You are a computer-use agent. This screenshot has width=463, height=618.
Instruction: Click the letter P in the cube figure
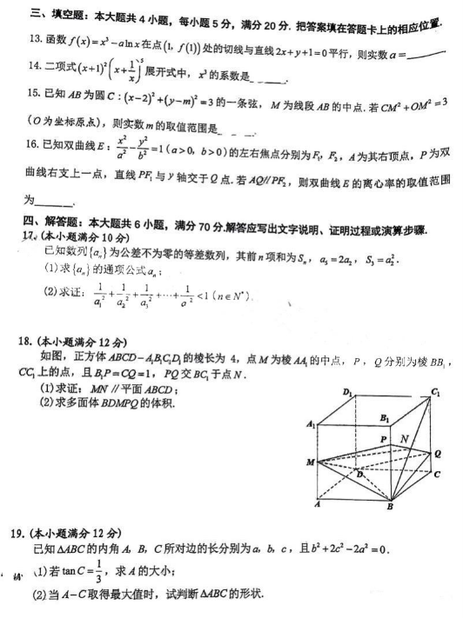386,441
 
